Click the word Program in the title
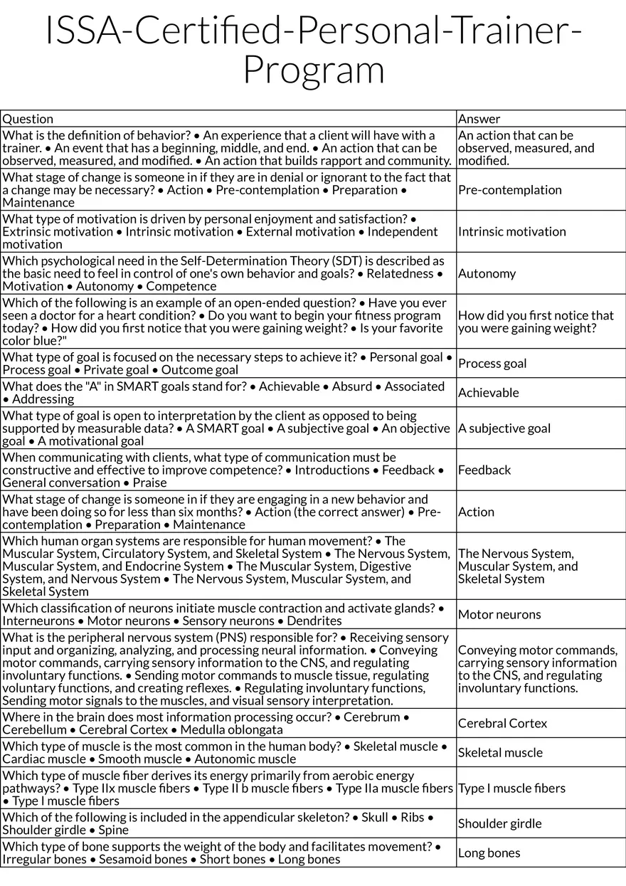pyautogui.click(x=313, y=70)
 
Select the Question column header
pyautogui.click(x=28, y=119)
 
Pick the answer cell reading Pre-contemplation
pyautogui.click(x=509, y=190)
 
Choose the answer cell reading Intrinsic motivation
pyautogui.click(x=511, y=231)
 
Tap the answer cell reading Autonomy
pyautogui.click(x=487, y=273)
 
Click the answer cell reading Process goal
pyautogui.click(x=492, y=364)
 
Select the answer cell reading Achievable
pyautogui.click(x=488, y=393)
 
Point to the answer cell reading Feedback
pyautogui.click(x=484, y=470)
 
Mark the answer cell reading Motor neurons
pyautogui.click(x=499, y=615)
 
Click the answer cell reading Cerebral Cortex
pyautogui.click(x=502, y=724)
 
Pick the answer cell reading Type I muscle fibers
pyautogui.click(x=511, y=789)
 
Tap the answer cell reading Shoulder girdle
pyautogui.click(x=499, y=824)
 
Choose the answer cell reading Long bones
pyautogui.click(x=489, y=853)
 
